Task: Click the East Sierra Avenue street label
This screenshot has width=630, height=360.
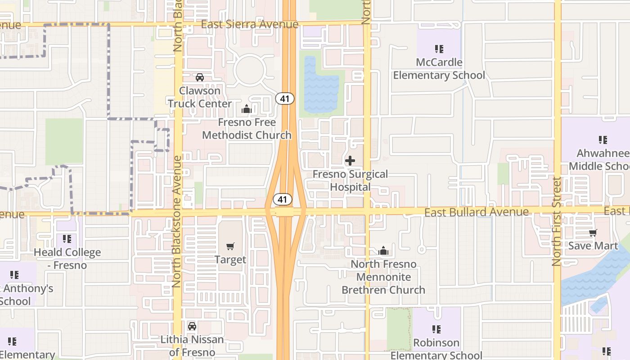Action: [x=249, y=24]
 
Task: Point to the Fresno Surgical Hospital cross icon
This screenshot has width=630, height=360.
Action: [x=350, y=161]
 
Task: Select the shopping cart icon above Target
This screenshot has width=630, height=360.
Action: [x=230, y=247]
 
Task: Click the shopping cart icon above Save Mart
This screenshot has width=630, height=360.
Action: [x=593, y=233]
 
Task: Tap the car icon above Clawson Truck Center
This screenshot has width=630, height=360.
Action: [x=200, y=77]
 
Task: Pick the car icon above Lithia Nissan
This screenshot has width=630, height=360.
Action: [x=192, y=326]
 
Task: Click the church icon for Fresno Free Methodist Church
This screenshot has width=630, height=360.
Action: [x=247, y=109]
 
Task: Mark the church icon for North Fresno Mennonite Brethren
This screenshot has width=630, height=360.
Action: [x=383, y=251]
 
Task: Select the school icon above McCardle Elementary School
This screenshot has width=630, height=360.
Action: [x=439, y=49]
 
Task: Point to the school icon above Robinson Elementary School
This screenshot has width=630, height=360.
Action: [x=436, y=330]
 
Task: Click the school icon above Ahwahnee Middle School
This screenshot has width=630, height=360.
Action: [x=603, y=140]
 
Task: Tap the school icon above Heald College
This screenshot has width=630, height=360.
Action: [x=67, y=239]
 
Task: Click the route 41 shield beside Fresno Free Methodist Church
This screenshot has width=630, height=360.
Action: [x=285, y=98]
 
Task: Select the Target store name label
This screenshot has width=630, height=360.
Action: [x=230, y=260]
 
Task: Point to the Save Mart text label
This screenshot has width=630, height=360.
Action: [x=593, y=246]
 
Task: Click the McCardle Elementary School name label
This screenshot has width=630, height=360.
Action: [x=439, y=68]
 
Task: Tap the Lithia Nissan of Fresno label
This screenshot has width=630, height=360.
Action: [x=192, y=345]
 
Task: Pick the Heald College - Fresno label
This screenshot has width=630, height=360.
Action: [x=67, y=259]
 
